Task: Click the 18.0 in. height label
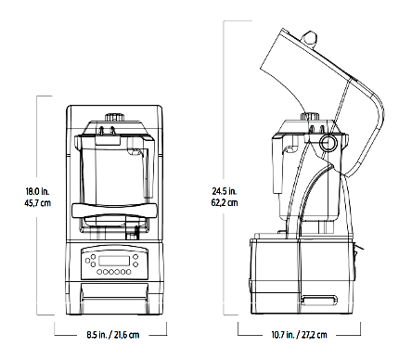(x=37, y=191)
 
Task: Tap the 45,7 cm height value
(x=38, y=203)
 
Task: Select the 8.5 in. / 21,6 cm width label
(x=113, y=335)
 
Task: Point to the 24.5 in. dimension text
(x=225, y=191)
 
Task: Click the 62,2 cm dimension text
(x=225, y=203)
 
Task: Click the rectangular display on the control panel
(x=113, y=261)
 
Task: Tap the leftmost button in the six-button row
(x=99, y=272)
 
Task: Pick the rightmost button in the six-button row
(x=128, y=272)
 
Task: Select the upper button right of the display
(x=135, y=257)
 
